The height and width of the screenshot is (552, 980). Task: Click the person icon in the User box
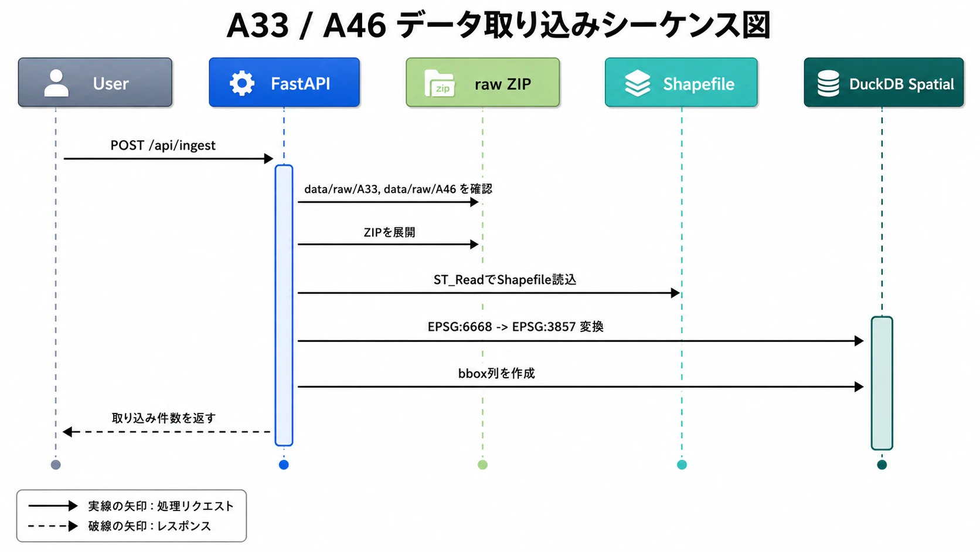click(x=56, y=83)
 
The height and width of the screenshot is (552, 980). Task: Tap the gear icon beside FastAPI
click(x=242, y=83)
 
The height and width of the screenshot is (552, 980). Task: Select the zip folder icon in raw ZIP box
click(x=440, y=83)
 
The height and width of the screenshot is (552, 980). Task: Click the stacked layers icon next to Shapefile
click(x=638, y=83)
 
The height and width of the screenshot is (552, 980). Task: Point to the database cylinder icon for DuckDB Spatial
click(x=828, y=83)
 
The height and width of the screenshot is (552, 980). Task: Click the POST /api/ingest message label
click(x=163, y=145)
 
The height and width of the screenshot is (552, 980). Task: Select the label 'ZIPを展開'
click(x=389, y=232)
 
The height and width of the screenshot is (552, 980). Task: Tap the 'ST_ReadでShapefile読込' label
click(x=505, y=280)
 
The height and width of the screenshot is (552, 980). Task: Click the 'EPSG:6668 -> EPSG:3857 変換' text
click(x=515, y=327)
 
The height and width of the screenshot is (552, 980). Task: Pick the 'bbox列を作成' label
click(x=496, y=374)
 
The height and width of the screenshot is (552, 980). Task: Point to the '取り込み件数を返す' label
click(x=164, y=418)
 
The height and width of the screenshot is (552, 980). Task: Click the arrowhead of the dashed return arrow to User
click(x=67, y=432)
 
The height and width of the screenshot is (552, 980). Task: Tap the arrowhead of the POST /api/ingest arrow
click(x=268, y=158)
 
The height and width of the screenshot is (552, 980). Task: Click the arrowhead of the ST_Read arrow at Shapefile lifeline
click(x=675, y=293)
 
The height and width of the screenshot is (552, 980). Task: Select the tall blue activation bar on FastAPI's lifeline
click(x=284, y=305)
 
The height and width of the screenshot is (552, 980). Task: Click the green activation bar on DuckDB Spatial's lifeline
click(x=882, y=383)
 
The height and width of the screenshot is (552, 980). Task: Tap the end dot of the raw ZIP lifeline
click(x=482, y=465)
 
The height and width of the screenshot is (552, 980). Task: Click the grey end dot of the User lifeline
click(x=56, y=465)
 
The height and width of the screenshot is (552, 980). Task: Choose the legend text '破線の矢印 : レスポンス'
click(x=149, y=526)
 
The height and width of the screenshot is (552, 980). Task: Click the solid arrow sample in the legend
click(x=53, y=506)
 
